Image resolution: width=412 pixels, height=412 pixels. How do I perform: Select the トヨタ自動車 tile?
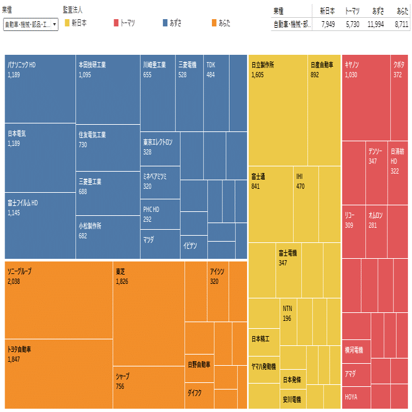coord(58,374)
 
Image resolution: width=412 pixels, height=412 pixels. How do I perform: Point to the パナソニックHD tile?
coord(40,89)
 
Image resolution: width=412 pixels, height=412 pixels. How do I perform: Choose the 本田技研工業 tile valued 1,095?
coord(107,89)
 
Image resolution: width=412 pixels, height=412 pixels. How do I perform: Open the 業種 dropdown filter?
coord(30,24)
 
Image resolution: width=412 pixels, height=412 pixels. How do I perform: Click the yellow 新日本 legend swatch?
coord(67,23)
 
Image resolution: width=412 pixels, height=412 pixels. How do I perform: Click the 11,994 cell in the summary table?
coord(374,24)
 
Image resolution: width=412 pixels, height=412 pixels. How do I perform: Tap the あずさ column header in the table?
coord(378,11)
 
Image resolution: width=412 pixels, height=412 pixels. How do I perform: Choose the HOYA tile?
coord(356,397)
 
